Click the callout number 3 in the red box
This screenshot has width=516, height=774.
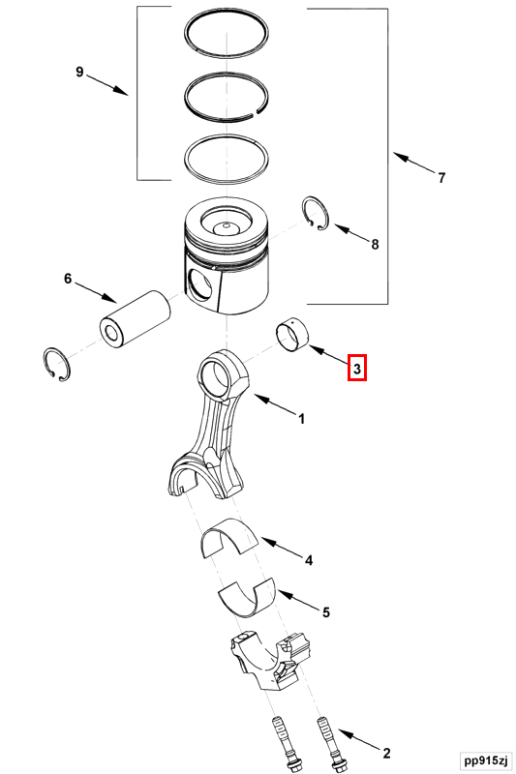tap(357, 369)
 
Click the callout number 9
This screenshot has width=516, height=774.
tap(79, 72)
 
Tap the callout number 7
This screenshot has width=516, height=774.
tap(441, 177)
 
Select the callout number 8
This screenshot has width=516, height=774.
tap(375, 244)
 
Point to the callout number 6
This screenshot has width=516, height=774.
tap(68, 279)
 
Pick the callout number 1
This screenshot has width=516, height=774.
tap(302, 419)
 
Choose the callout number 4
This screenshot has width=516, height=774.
tap(309, 560)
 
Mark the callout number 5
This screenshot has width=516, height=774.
tap(326, 612)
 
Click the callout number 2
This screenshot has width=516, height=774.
tap(386, 753)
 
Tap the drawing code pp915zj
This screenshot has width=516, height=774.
tap(485, 759)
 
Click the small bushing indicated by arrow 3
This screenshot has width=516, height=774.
tap(291, 336)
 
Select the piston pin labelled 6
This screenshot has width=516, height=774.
tap(135, 320)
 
